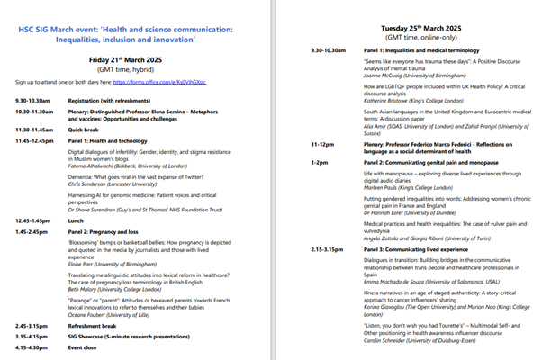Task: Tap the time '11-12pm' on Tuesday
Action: (x=323, y=142)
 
